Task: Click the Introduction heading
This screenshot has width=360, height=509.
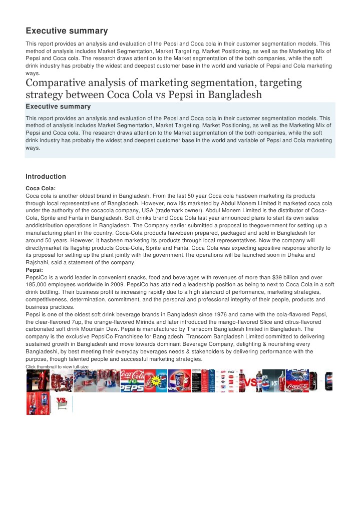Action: (x=46, y=177)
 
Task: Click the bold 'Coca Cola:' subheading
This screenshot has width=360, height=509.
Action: (x=40, y=188)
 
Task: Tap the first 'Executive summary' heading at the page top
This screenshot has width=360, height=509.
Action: (x=67, y=31)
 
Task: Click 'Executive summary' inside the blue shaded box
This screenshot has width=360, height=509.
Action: (x=58, y=107)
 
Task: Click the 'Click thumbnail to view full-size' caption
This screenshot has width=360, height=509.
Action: (x=57, y=367)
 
